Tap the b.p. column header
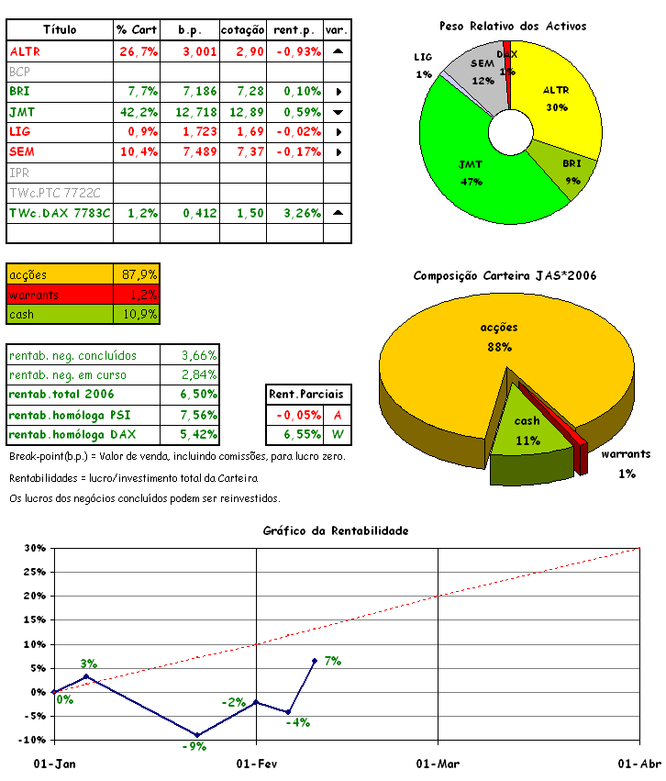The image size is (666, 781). pos(190,30)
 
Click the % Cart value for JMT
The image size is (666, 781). pos(138,111)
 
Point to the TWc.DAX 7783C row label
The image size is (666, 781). pos(60,212)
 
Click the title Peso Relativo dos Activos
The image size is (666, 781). pos(512,27)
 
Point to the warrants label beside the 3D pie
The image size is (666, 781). pos(626,454)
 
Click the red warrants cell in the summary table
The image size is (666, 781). pos(60,295)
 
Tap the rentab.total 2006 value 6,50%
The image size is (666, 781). pos(198,395)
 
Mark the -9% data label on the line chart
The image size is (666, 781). pos(193,746)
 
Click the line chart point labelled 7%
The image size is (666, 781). pos(315,661)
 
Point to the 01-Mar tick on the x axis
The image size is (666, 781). pos(438,764)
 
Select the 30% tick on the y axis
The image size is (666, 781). pos(35,549)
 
